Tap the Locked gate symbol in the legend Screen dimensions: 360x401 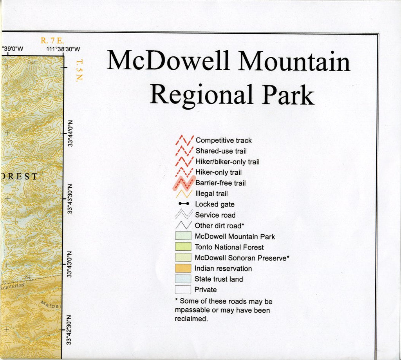(x=184, y=204)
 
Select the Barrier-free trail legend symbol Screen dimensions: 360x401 (x=183, y=183)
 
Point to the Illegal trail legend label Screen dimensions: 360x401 (x=211, y=194)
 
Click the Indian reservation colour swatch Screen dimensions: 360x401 (x=183, y=269)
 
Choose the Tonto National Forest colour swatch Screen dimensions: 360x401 (x=183, y=247)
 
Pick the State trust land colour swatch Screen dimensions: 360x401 (x=183, y=279)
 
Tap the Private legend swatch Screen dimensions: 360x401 (x=183, y=290)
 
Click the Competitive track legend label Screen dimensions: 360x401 (x=224, y=140)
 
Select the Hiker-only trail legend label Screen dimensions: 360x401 (x=219, y=172)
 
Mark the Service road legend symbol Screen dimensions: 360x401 (x=183, y=215)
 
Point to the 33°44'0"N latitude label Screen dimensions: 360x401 (x=71, y=132)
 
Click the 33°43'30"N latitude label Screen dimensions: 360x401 (x=71, y=199)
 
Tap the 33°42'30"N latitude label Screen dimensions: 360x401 (x=71, y=330)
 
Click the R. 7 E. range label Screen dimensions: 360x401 (x=52, y=40)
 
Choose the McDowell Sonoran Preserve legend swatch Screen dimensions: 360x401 (x=183, y=258)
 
